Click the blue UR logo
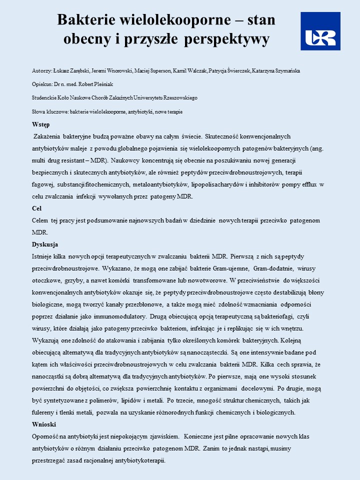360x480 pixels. click(x=320, y=31)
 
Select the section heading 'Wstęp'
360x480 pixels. click(x=40, y=124)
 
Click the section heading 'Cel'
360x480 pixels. click(x=36, y=208)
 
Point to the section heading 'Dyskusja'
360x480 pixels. click(x=45, y=244)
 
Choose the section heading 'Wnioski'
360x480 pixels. click(x=44, y=424)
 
